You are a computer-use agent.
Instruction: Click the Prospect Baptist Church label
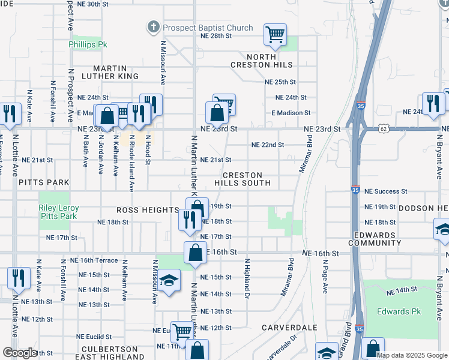pos(208,28)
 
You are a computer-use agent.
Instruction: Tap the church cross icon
pos(154,27)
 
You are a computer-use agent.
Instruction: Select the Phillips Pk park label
pos(88,44)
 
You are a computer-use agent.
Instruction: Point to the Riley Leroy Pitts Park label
pos(58,212)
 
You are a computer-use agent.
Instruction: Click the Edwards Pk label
pos(399,311)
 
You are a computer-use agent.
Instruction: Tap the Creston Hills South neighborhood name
pos(243,179)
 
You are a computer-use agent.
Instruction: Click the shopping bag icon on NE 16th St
pos(196,253)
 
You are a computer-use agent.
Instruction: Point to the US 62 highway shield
pos(384,129)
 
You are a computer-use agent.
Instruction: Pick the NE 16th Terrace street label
pos(94,260)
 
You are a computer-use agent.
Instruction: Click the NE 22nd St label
pos(267,145)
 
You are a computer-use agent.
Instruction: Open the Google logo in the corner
pos(20,353)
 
